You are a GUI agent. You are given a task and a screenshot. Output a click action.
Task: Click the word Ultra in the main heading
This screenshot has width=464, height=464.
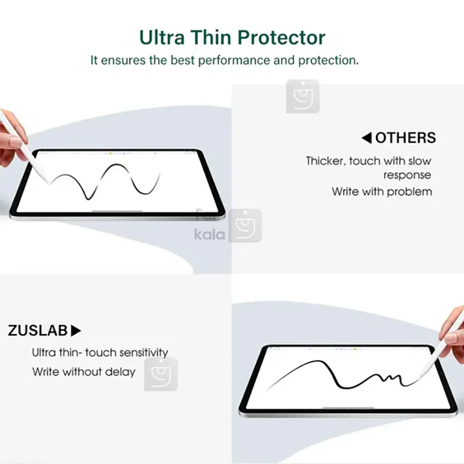tap(162, 38)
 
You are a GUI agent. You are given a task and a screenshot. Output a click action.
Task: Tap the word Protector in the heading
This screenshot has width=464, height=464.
tap(281, 38)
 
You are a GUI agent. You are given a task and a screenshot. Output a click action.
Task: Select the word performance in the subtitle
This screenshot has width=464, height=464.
tap(234, 61)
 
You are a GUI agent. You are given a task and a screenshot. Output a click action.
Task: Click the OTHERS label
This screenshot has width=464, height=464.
tap(405, 138)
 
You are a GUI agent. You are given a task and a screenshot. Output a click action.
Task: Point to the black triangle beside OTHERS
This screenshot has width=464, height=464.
tap(367, 138)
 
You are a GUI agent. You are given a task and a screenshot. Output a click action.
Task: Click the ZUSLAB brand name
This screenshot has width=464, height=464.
tap(38, 331)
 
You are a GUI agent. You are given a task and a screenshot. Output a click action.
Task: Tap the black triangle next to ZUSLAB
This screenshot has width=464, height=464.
tap(76, 331)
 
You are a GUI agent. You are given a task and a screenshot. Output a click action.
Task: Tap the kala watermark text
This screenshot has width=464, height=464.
tap(209, 234)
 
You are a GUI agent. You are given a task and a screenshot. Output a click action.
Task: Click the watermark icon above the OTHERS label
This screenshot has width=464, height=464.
tap(303, 96)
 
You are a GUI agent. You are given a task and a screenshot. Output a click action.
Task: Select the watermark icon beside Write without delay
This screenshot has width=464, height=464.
tap(161, 374)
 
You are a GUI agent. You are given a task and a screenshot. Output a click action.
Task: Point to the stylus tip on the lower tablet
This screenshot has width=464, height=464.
tap(418, 379)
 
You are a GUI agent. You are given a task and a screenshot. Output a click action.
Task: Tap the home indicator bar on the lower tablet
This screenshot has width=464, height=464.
tap(348, 408)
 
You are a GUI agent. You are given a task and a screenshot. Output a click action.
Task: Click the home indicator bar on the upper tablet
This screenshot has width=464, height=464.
tap(117, 211)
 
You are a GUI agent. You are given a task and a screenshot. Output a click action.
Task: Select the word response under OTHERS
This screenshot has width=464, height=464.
tap(407, 176)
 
